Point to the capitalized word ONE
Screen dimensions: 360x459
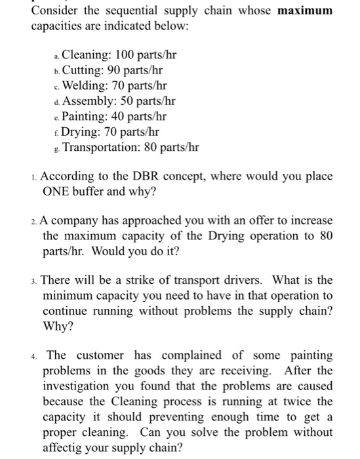tap(58, 193)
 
